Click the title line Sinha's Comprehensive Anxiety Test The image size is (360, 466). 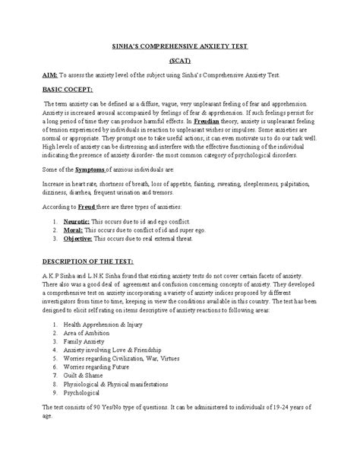179,46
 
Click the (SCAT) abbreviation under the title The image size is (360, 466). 179,61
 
